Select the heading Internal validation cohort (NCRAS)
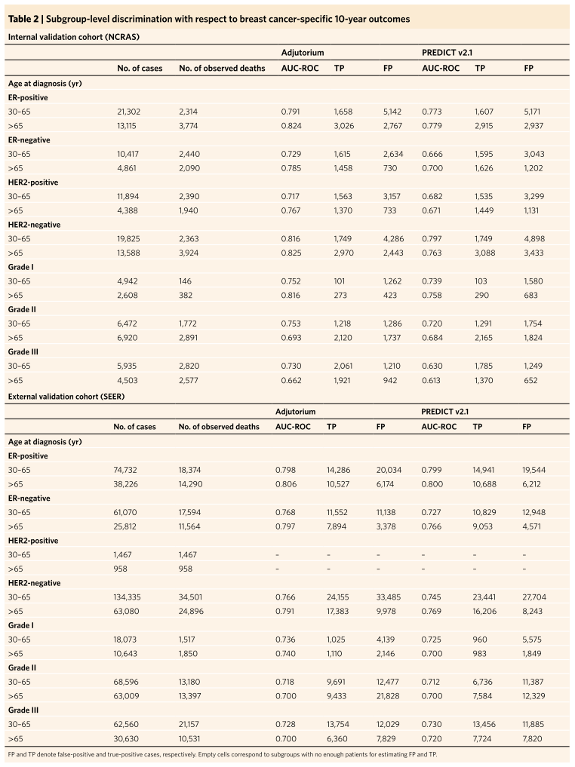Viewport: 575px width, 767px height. tap(74, 37)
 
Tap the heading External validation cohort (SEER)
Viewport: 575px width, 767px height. tap(66, 397)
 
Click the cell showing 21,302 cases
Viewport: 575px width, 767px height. tap(129, 112)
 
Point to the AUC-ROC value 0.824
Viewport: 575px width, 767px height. tap(291, 126)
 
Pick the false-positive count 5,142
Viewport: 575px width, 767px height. tap(392, 112)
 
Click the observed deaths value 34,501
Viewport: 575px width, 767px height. tap(191, 597)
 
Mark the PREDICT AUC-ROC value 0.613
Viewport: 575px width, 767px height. tap(431, 380)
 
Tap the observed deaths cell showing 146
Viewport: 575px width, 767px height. tap(185, 281)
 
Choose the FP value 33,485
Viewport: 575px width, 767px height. tap(389, 597)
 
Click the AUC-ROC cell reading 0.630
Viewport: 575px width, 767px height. tap(432, 366)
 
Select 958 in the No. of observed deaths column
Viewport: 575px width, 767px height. tap(186, 569)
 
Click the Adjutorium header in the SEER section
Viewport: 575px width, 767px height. tap(295, 411)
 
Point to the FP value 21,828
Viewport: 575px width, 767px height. tap(389, 696)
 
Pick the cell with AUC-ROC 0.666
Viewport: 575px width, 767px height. tap(432, 154)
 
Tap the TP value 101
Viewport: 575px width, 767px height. tap(340, 281)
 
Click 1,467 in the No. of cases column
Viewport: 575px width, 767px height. tap(122, 555)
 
